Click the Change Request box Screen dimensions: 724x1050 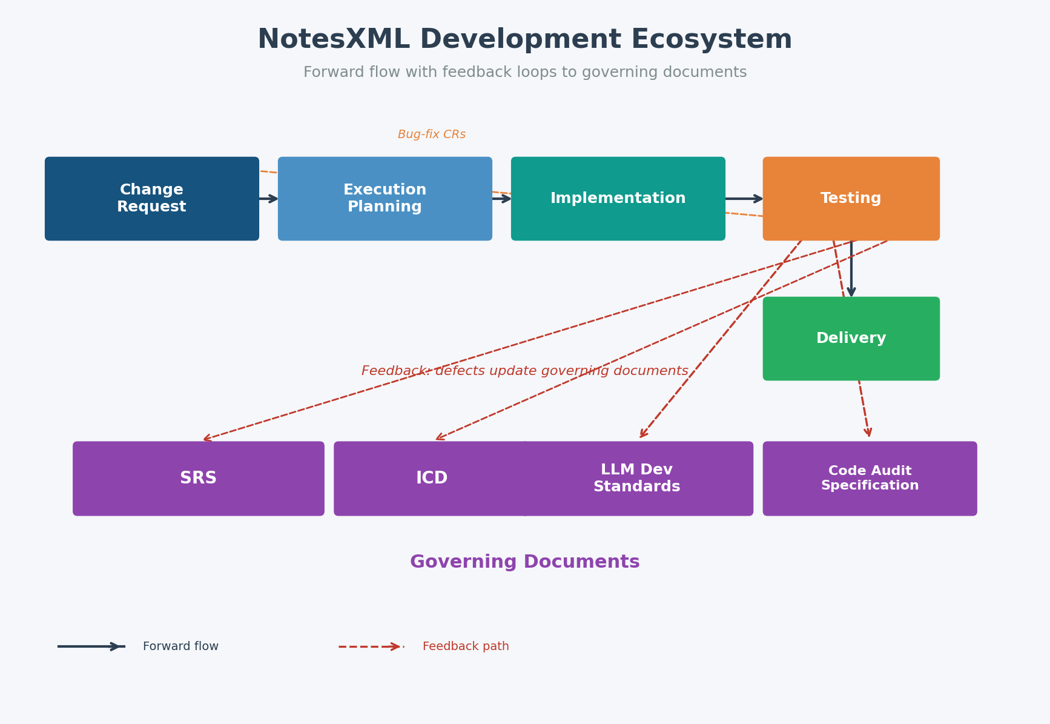(151, 199)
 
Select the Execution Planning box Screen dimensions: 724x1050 (385, 199)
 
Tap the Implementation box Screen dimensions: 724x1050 (618, 199)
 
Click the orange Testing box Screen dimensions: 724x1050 (851, 199)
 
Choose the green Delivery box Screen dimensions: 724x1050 (851, 339)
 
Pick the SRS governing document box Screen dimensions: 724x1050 (198, 479)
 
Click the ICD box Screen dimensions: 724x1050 (431, 479)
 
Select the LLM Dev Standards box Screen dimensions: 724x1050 (637, 479)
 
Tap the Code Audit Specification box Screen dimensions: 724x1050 (870, 479)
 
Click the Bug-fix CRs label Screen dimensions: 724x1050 (432, 135)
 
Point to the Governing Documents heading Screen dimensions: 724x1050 (524, 562)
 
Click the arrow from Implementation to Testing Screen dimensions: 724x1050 (744, 199)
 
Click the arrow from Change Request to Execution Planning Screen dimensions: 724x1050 (268, 199)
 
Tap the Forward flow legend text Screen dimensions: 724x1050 (180, 646)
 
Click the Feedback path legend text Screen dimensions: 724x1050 (466, 646)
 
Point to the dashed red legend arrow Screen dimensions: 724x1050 (371, 646)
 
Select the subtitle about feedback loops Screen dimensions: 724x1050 (524, 73)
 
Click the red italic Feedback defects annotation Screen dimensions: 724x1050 (524, 371)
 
